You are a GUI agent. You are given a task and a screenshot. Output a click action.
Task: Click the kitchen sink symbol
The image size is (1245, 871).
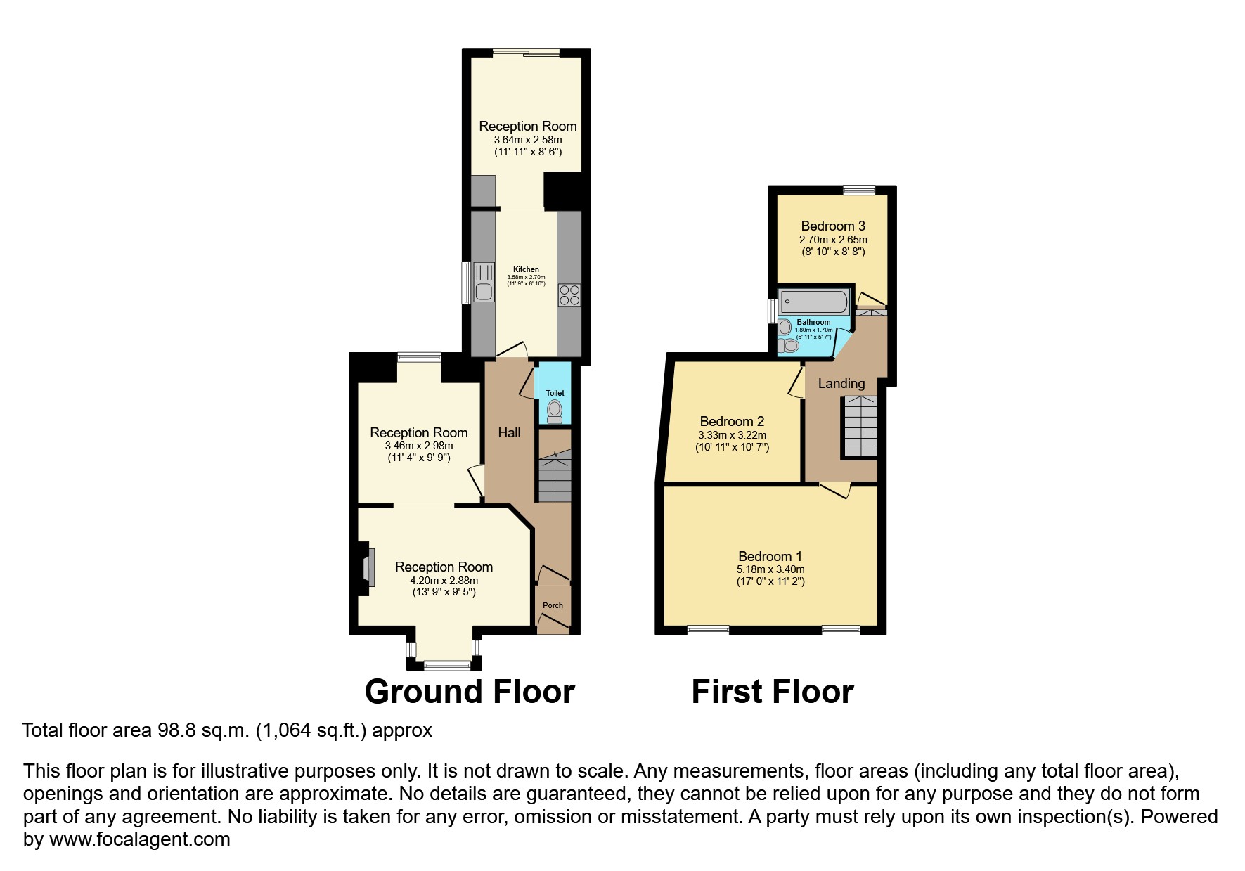484,282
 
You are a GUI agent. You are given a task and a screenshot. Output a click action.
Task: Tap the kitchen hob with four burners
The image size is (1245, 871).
569,295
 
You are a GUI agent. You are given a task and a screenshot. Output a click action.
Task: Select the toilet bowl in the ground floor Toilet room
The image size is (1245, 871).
555,411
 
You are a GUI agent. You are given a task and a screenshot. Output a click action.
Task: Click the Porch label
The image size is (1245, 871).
553,605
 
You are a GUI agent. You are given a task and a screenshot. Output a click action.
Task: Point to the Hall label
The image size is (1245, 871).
509,432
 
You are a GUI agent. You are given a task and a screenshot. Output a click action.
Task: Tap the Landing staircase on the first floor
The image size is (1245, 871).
860,426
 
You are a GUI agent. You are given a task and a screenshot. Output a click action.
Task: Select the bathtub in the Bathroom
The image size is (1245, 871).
814,302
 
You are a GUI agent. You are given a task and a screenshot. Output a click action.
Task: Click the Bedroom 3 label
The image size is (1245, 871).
833,226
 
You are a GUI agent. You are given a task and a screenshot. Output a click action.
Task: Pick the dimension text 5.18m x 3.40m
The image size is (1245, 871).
770,569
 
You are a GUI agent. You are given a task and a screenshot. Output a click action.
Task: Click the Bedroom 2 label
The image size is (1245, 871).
732,421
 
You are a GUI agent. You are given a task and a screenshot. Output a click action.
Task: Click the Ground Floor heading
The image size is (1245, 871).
470,692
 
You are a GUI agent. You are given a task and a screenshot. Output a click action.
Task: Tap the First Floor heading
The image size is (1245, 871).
772,692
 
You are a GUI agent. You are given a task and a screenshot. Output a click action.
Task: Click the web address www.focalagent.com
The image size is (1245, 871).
139,839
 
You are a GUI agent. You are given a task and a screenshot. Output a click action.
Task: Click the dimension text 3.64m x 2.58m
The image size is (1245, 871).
527,140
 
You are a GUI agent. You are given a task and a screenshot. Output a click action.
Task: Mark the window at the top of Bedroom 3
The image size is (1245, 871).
859,189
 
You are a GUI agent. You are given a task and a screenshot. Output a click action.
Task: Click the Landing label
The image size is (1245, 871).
841,383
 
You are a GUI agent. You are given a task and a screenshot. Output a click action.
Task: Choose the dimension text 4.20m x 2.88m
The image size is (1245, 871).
444,581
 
